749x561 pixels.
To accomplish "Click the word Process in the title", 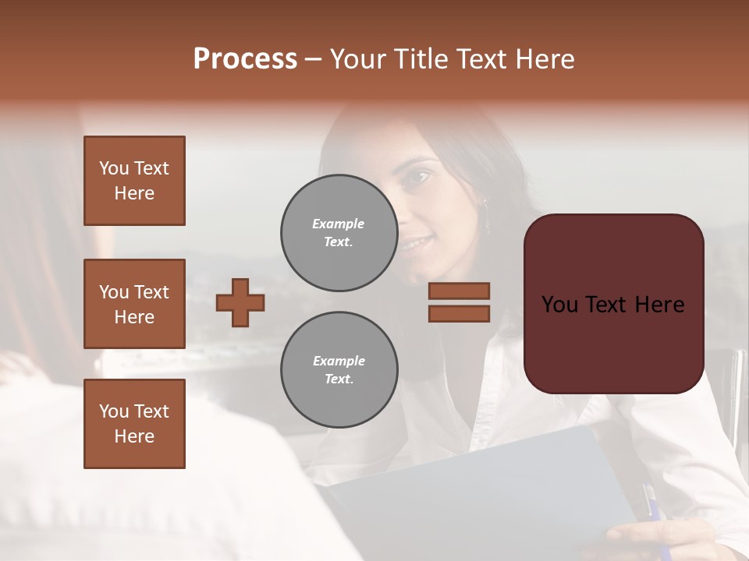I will [x=245, y=59].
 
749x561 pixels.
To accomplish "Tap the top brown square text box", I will [x=134, y=181].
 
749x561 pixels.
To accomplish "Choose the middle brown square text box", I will [x=134, y=304].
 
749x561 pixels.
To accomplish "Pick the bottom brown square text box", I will [x=134, y=424].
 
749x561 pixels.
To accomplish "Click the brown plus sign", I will [x=240, y=302].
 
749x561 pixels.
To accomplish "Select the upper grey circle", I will [x=339, y=233].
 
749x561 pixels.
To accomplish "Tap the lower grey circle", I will [x=339, y=370].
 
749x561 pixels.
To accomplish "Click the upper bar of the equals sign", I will [x=459, y=291].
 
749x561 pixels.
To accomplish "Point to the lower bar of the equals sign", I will [x=459, y=313].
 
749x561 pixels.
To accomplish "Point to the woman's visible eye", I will [x=418, y=176].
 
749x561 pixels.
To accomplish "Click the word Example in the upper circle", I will [x=338, y=224].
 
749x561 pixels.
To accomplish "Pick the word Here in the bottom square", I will [x=134, y=436].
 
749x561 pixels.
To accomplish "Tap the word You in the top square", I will [x=114, y=168].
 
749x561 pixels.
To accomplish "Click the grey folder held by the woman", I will [x=499, y=483].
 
